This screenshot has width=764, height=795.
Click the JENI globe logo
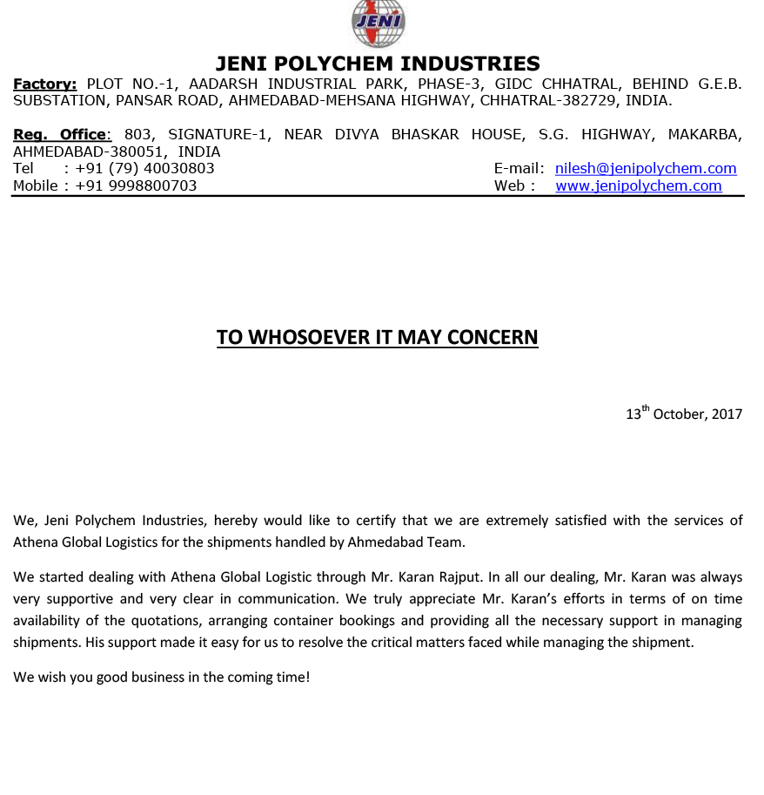tap(378, 24)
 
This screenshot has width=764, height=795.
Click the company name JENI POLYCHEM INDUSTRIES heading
tap(378, 64)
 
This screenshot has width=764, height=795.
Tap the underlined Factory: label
tap(44, 84)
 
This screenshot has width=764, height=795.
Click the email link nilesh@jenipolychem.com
tap(646, 169)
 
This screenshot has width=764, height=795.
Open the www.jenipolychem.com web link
tap(639, 185)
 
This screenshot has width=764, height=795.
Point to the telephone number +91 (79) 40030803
tap(144, 169)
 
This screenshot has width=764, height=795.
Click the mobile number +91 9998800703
tap(136, 185)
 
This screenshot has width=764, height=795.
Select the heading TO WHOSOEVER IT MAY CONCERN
tap(378, 338)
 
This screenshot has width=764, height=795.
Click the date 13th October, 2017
tap(684, 414)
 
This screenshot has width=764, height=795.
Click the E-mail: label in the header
tap(519, 169)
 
